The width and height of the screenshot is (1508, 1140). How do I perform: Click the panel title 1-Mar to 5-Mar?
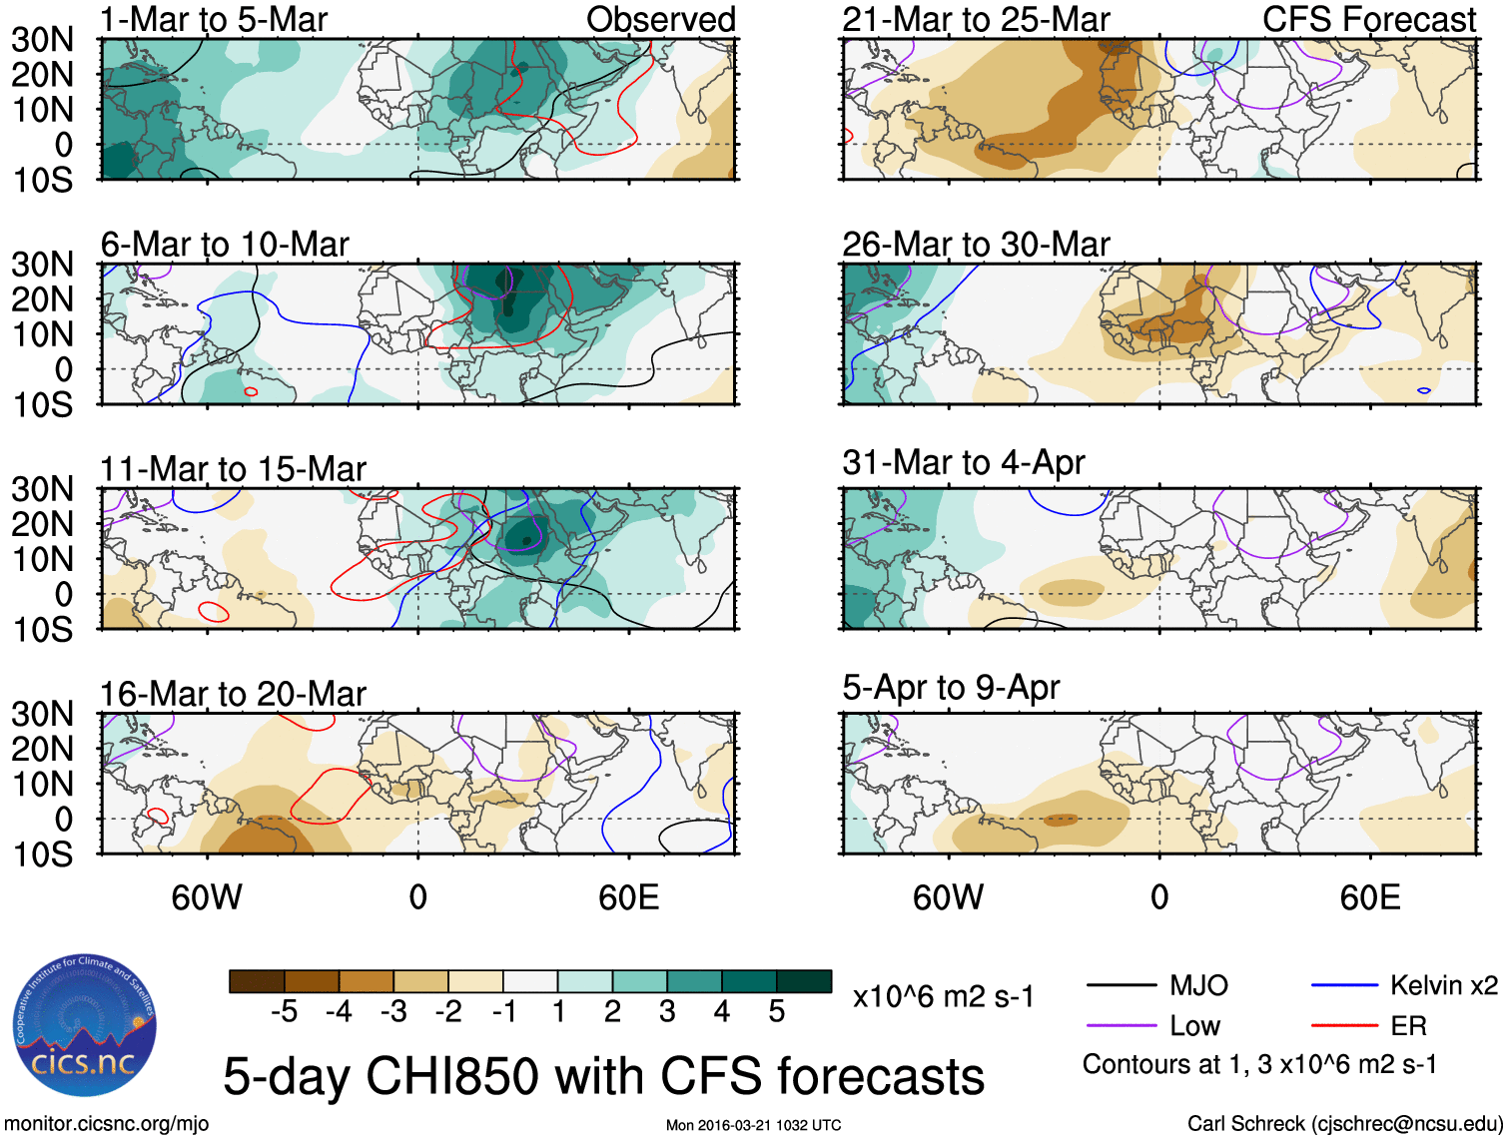pyautogui.click(x=214, y=19)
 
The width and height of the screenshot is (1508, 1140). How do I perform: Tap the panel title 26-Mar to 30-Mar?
pyautogui.click(x=976, y=244)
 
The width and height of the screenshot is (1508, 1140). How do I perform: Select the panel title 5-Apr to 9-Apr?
pyautogui.click(x=950, y=687)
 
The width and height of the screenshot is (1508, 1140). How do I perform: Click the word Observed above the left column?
pyautogui.click(x=660, y=19)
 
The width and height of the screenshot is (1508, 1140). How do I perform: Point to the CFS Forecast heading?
pyautogui.click(x=1369, y=19)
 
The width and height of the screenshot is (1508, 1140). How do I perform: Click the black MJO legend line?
pyautogui.click(x=1121, y=985)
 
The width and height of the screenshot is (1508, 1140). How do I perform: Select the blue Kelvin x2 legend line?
pyautogui.click(x=1344, y=985)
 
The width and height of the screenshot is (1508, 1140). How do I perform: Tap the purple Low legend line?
pyautogui.click(x=1121, y=1025)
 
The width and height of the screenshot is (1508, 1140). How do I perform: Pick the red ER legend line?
pyautogui.click(x=1344, y=1025)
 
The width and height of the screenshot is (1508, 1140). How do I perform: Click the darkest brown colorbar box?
pyautogui.click(x=257, y=981)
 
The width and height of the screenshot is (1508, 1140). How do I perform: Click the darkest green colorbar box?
pyautogui.click(x=804, y=981)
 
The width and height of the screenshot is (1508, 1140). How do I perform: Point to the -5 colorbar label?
pyautogui.click(x=284, y=1011)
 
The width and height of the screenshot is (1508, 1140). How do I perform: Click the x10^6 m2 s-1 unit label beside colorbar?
pyautogui.click(x=943, y=996)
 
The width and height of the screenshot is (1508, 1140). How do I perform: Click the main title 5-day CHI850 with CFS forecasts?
pyautogui.click(x=603, y=1076)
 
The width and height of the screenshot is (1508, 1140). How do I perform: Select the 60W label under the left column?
pyautogui.click(x=207, y=896)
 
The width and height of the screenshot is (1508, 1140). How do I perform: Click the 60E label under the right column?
pyautogui.click(x=1369, y=896)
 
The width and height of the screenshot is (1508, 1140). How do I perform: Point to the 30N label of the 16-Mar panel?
pyautogui.click(x=43, y=714)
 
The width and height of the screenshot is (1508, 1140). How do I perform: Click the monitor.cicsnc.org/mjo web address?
pyautogui.click(x=107, y=1124)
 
